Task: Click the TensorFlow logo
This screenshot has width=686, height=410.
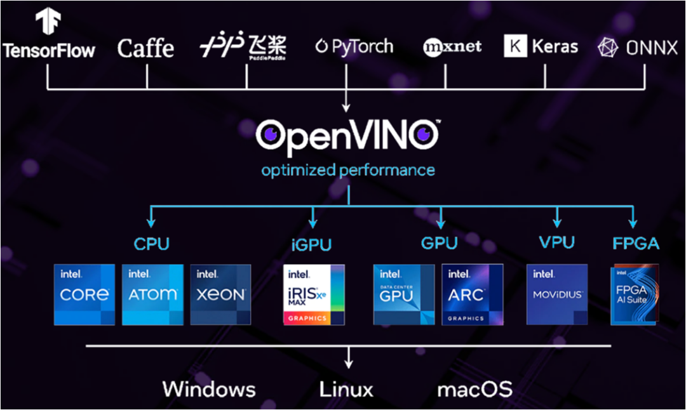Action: pyautogui.click(x=48, y=36)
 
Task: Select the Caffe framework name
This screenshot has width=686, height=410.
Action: pyautogui.click(x=145, y=48)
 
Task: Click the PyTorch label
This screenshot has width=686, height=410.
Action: pyautogui.click(x=354, y=47)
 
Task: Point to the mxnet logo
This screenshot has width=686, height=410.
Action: pyautogui.click(x=452, y=47)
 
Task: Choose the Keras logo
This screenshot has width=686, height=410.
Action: pyautogui.click(x=541, y=47)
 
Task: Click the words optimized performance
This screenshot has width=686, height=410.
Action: pyautogui.click(x=348, y=170)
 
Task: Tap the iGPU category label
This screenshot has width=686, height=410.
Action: pyautogui.click(x=311, y=245)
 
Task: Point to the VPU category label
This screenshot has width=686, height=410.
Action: pyautogui.click(x=556, y=242)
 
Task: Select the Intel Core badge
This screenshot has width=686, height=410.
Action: pyautogui.click(x=84, y=294)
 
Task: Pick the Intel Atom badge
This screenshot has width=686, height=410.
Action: pyautogui.click(x=152, y=294)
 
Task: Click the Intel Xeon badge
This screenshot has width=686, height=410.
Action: pyautogui.click(x=220, y=294)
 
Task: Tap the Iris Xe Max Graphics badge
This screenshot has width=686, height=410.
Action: pyautogui.click(x=314, y=294)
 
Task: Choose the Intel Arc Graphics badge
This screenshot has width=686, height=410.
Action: pyautogui.click(x=472, y=294)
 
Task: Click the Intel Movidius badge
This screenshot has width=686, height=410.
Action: pyautogui.click(x=557, y=294)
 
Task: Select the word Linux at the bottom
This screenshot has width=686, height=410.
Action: pyautogui.click(x=346, y=389)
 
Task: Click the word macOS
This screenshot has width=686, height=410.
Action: pyautogui.click(x=474, y=389)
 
